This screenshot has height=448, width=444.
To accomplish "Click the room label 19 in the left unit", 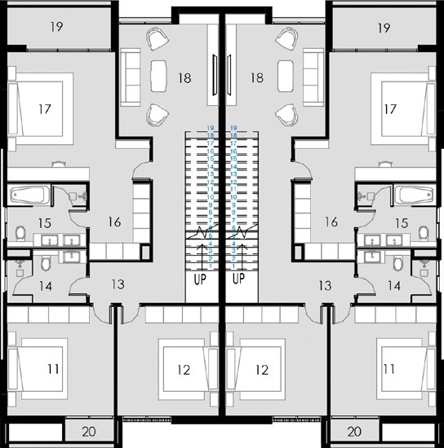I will click(x=57, y=27).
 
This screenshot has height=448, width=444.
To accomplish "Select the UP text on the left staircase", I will click(x=198, y=279).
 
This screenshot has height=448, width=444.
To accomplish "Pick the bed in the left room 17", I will click(x=40, y=108).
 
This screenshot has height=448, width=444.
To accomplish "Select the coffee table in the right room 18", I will click(x=286, y=77).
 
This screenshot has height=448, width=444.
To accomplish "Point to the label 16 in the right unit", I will click(x=331, y=221).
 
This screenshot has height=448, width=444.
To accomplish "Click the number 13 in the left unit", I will click(x=118, y=285).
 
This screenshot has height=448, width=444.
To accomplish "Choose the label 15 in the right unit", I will click(x=401, y=222).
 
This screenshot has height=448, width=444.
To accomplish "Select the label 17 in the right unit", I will click(x=389, y=108).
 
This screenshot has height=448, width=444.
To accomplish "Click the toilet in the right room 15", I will click(x=423, y=233).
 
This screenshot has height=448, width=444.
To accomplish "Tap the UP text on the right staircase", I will click(x=239, y=279).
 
